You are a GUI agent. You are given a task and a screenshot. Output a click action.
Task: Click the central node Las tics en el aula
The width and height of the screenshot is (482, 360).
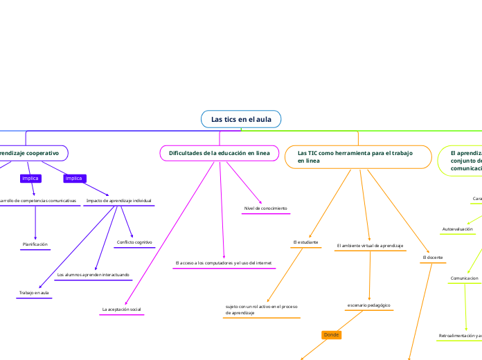click(x=241, y=120)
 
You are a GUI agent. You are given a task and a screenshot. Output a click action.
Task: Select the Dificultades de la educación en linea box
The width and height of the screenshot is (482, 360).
click(x=219, y=152)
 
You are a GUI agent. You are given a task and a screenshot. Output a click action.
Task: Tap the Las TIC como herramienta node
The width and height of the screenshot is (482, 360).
click(x=354, y=156)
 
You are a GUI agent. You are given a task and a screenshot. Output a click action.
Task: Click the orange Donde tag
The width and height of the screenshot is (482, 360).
click(x=332, y=335)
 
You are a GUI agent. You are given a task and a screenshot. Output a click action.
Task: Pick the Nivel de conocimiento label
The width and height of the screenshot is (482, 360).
click(x=265, y=208)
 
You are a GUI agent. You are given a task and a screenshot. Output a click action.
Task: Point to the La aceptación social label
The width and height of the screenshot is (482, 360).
click(x=121, y=309)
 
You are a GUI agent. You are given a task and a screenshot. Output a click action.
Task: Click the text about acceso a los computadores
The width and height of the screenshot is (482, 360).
click(x=224, y=263)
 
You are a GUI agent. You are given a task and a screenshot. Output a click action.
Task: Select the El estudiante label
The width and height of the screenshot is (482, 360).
click(x=305, y=242)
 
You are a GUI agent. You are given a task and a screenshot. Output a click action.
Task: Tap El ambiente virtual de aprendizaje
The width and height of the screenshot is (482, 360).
click(x=369, y=245)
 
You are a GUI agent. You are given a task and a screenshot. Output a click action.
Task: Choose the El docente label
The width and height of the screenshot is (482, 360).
click(x=433, y=258)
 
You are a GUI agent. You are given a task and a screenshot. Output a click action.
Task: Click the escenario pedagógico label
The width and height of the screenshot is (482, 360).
click(x=368, y=305)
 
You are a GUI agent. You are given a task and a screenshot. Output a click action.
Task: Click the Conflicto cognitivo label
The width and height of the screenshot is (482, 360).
click(x=134, y=242)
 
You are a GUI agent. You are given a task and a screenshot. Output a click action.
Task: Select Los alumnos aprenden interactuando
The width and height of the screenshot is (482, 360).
click(x=93, y=275)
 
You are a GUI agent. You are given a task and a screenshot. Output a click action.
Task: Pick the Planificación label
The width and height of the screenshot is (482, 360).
click(x=35, y=244)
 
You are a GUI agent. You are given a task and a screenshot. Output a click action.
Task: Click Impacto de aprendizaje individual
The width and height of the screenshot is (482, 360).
click(x=118, y=201)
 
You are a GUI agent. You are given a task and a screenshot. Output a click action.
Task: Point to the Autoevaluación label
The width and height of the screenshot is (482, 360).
click(x=457, y=228)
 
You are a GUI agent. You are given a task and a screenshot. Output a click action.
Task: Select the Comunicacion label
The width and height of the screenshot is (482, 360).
click(x=464, y=278)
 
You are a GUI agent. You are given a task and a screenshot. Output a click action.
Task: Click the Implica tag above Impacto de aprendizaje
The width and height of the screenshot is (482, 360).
click(x=73, y=179)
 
